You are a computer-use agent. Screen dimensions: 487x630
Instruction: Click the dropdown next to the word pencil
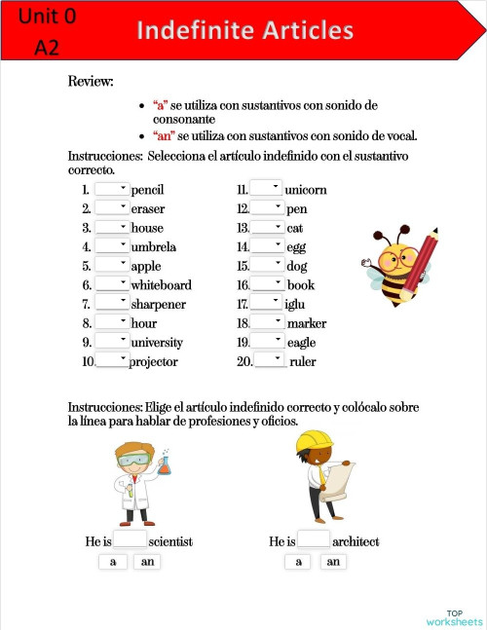(112, 190)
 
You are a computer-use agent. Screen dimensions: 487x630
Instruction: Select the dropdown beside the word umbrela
(112, 246)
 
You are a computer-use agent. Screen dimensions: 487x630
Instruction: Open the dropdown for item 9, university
(112, 342)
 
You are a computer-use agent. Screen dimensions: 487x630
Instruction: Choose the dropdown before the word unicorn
(266, 189)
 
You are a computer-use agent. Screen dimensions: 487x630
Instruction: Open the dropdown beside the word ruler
(270, 361)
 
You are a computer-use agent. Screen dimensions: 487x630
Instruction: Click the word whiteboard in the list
(161, 285)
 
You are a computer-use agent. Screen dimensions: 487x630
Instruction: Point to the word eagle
(303, 343)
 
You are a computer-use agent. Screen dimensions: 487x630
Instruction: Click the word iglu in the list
(295, 304)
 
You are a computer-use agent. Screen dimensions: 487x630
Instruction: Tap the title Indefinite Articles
(244, 31)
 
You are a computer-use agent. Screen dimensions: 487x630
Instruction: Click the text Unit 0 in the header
(46, 17)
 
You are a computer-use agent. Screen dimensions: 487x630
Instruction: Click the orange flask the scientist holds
(165, 464)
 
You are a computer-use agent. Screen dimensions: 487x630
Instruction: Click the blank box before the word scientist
(131, 539)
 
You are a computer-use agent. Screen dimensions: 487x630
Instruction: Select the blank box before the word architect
(314, 539)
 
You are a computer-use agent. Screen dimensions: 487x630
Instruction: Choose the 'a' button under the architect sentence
(297, 562)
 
